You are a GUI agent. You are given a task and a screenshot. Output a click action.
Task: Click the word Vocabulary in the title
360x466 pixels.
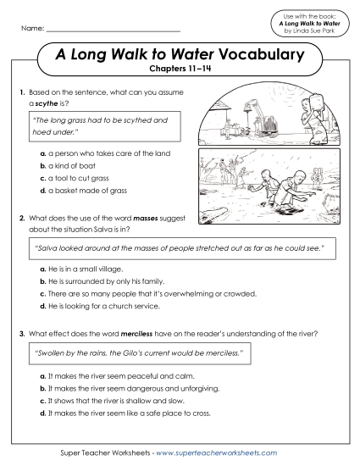(x=257, y=56)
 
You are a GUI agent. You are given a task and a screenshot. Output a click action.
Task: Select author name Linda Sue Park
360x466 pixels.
(x=315, y=31)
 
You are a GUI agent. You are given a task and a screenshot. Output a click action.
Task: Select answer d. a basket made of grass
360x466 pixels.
(x=88, y=191)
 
